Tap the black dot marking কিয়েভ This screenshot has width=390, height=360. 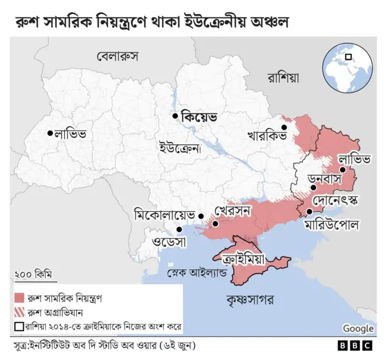click(x=175, y=116)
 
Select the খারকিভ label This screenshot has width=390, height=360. click(x=266, y=135)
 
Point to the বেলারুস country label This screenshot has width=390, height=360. click(x=118, y=57)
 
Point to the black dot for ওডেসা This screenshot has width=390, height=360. click(x=179, y=230)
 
